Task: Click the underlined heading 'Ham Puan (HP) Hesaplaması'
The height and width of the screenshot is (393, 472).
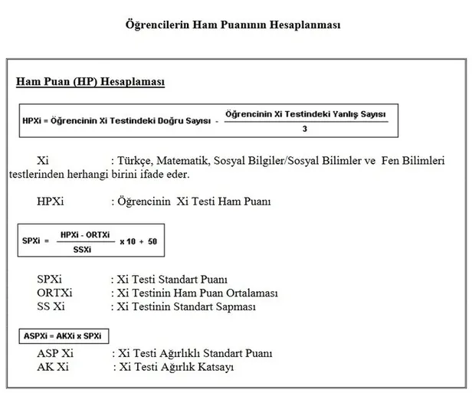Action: coord(90,81)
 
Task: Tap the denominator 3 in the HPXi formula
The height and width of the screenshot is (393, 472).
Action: coord(305,128)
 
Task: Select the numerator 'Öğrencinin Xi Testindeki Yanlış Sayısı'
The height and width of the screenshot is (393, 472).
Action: coord(306,113)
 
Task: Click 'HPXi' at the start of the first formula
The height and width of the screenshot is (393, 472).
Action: coord(35,120)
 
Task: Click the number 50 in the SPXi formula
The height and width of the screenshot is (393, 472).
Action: coord(153,241)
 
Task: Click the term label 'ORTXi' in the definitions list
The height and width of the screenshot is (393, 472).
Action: coord(54,293)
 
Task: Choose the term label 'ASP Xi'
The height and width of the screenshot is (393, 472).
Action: coord(55,354)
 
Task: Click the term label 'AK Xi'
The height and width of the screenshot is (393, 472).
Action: coord(52,368)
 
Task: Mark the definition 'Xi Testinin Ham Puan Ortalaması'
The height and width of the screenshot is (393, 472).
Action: coord(195,293)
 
